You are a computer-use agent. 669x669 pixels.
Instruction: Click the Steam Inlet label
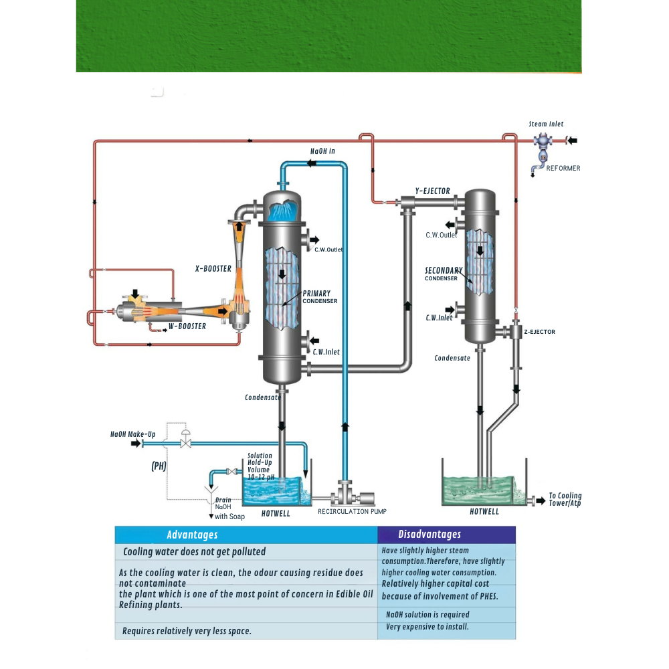click(546, 124)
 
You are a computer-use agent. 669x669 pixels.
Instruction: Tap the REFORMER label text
click(563, 169)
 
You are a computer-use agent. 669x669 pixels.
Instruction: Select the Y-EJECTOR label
click(432, 191)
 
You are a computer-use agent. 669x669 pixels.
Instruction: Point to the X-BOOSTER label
click(213, 269)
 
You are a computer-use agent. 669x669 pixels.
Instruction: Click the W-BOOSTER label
click(187, 326)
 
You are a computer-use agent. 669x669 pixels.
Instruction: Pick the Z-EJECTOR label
click(539, 332)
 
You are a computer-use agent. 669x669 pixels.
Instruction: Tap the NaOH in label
click(322, 151)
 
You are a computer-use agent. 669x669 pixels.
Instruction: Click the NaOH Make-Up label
click(132, 434)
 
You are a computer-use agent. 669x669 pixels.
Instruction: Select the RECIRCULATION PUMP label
click(352, 512)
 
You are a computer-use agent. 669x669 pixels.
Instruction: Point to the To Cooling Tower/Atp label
click(565, 500)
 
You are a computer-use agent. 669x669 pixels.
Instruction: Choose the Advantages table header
click(192, 535)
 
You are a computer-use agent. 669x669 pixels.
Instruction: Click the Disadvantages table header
click(429, 535)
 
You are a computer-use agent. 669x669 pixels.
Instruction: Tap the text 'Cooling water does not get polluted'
click(194, 552)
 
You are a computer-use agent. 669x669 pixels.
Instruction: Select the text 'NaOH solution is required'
click(427, 615)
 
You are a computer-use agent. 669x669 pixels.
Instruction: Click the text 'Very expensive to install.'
click(427, 627)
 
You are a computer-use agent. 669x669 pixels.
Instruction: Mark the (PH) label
click(159, 466)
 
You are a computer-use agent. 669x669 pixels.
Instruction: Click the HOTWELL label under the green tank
click(484, 512)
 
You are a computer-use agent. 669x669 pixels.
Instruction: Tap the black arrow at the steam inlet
click(572, 140)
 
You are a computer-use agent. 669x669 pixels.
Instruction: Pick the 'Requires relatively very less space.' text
click(187, 631)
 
